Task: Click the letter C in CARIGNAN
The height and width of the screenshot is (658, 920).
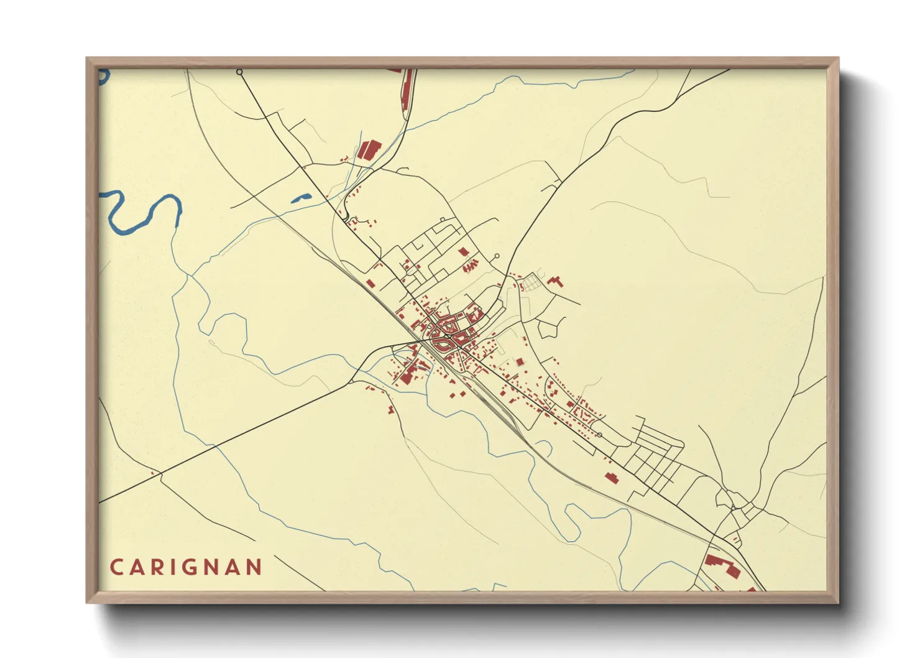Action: tap(116, 567)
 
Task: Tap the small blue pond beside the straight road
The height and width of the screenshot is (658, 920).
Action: tap(301, 198)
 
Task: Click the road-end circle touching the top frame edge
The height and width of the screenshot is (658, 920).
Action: tap(239, 72)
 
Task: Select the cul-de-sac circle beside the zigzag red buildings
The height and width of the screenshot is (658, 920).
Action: tap(496, 256)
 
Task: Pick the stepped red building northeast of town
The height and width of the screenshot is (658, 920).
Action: tap(555, 281)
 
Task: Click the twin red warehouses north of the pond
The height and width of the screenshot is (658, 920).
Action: tap(368, 151)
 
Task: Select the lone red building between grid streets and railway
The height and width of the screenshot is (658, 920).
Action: tap(611, 477)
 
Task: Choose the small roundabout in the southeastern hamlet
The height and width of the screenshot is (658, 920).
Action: tap(734, 508)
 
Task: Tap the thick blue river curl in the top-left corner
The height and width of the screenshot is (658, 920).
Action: tap(103, 76)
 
